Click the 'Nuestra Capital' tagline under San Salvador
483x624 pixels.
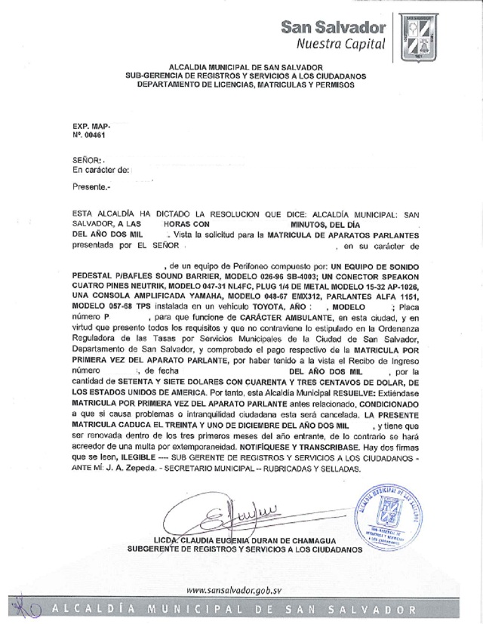[340, 43]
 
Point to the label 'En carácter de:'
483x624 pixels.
[101, 172]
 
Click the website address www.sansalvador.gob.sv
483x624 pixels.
[233, 590]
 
